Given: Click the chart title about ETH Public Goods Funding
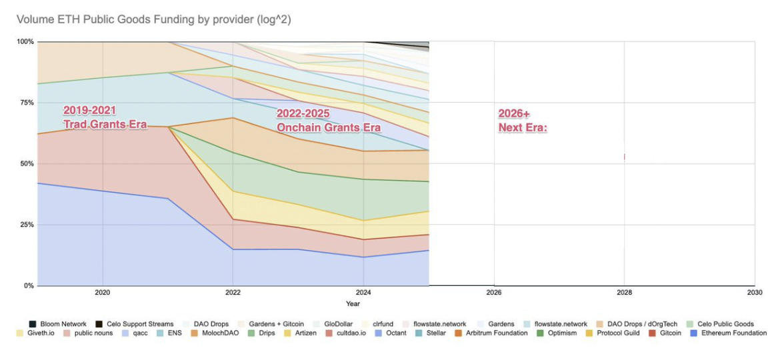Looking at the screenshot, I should [153, 20].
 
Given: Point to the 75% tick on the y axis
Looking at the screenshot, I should [25, 103].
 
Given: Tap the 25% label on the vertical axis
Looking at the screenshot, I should [25, 225].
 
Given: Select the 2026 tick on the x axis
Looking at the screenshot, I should [494, 292].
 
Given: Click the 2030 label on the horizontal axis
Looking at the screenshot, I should [755, 292].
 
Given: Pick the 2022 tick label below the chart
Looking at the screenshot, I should [233, 292].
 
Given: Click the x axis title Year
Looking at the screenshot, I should [353, 304].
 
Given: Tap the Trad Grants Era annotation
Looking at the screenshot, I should [105, 117].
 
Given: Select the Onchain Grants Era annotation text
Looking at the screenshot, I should [328, 121].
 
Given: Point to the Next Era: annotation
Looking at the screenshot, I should [523, 121].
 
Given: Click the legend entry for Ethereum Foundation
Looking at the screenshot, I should [729, 333].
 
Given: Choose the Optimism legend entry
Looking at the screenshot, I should [562, 333].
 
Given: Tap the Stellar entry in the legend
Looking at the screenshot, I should [435, 333].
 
